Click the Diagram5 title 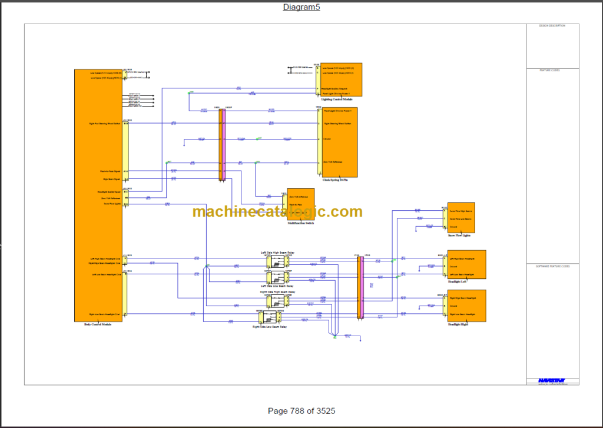[301, 7]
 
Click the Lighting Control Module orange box [341, 79]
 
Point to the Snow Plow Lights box [461, 217]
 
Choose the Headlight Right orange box [467, 305]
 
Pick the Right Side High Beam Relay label [277, 292]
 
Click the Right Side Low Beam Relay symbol [261, 318]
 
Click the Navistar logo [552, 380]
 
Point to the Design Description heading [552, 26]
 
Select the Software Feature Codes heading [552, 267]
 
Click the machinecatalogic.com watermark [277, 211]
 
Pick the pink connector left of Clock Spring [223, 145]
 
